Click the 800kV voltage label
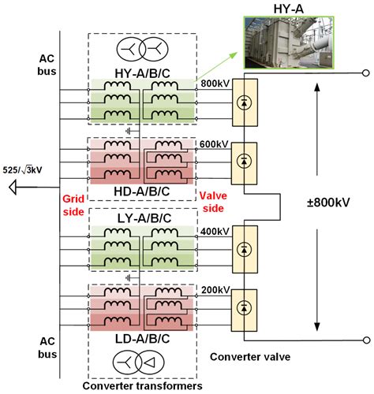point(215,82)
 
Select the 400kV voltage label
point(215,231)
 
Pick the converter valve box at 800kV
point(248,102)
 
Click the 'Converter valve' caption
point(250,357)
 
